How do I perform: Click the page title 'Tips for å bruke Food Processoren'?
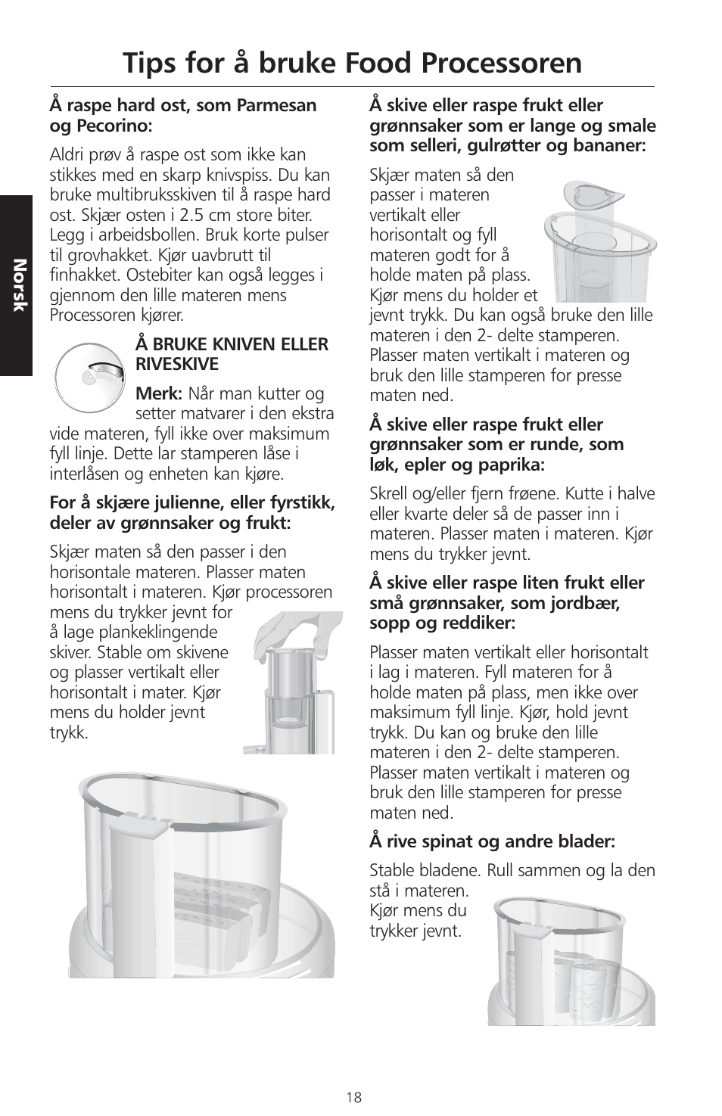(x=352, y=63)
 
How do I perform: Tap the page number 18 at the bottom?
(x=354, y=1097)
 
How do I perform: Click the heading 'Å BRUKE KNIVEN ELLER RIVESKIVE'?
(x=232, y=354)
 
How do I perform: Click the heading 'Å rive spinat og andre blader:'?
(x=492, y=841)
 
